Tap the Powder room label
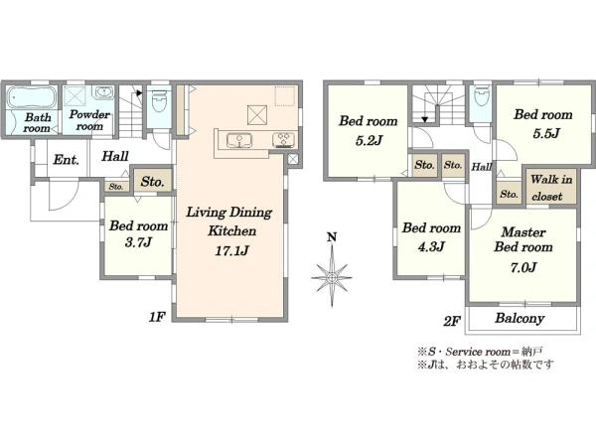tap(89, 120)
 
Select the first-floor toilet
tap(159, 100)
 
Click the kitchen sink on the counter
tap(239, 140)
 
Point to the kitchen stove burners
tap(284, 140)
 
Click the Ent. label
tap(67, 160)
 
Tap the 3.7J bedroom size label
tap(139, 242)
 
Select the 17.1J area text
tap(231, 250)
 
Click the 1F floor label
tap(157, 316)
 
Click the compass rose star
tap(332, 277)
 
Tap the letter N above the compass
tap(332, 237)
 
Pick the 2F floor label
tap(452, 322)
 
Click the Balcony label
tap(520, 318)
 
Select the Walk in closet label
tap(551, 188)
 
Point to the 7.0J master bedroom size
tap(523, 267)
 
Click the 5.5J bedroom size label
tap(546, 133)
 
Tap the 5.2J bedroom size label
tap(369, 140)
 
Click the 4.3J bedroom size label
tap(431, 247)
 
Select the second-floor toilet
tap(481, 97)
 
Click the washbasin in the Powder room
tap(103, 92)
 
